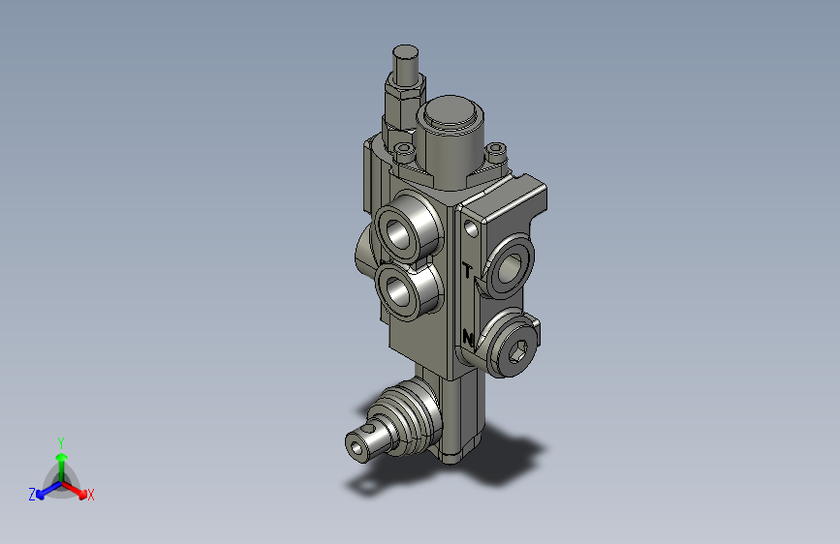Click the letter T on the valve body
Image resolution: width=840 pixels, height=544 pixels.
pyautogui.click(x=468, y=271)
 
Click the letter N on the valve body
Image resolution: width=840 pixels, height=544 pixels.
pyautogui.click(x=468, y=339)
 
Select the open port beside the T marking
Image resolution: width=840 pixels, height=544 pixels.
pyautogui.click(x=509, y=268)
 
